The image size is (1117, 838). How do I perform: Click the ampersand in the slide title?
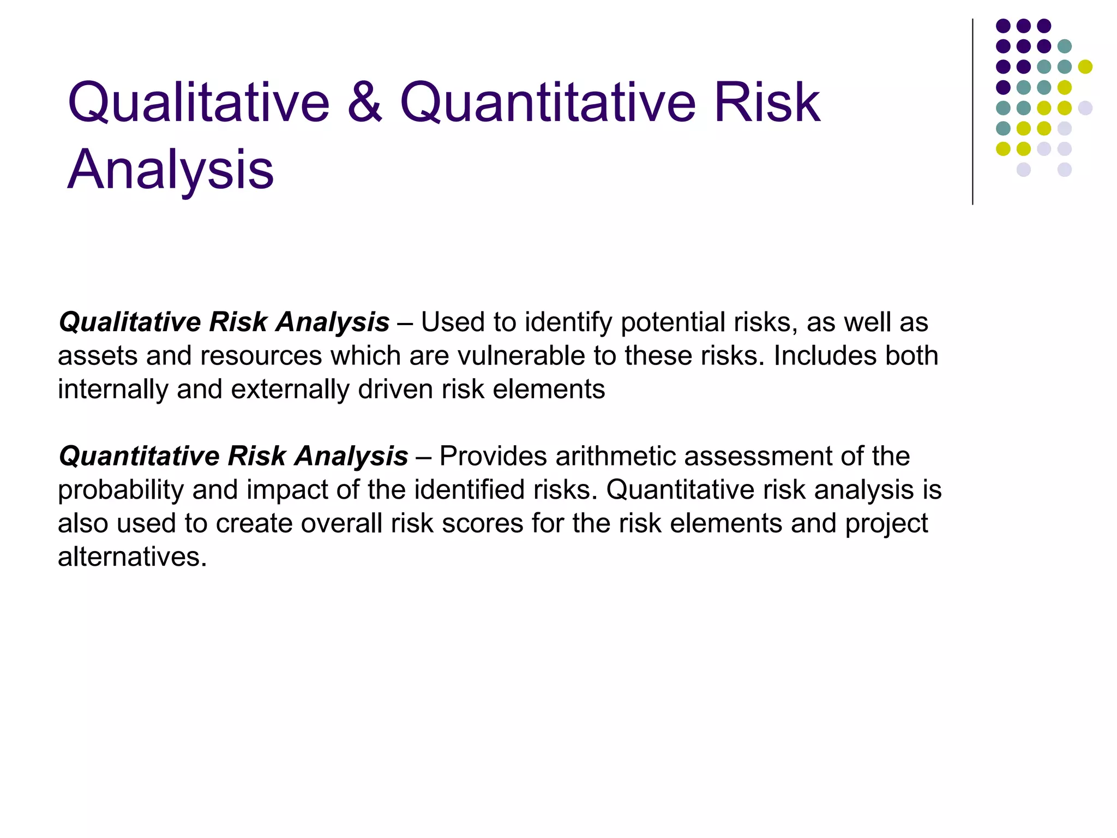[364, 103]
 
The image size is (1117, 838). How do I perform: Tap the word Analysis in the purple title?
[170, 170]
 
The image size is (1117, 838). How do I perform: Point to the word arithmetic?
[615, 456]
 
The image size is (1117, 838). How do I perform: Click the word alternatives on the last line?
[132, 557]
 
